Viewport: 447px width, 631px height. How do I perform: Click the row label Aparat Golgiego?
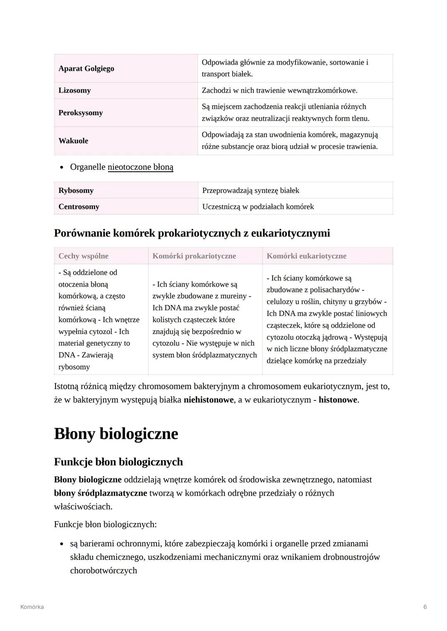(x=86, y=69)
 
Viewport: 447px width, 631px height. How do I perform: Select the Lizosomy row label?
(x=74, y=91)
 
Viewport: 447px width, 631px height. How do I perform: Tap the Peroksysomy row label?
(x=80, y=113)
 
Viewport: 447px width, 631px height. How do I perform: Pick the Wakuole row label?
(x=73, y=141)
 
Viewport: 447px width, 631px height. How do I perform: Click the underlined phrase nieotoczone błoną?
(x=140, y=167)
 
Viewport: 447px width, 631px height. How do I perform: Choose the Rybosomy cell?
(x=76, y=191)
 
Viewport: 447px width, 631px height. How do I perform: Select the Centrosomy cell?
(x=79, y=207)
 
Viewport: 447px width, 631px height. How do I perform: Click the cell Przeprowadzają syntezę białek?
(x=250, y=191)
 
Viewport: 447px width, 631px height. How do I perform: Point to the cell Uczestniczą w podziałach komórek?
(x=258, y=207)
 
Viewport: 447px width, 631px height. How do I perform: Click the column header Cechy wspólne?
(x=83, y=256)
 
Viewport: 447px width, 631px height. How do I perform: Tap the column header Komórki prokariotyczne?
(x=194, y=256)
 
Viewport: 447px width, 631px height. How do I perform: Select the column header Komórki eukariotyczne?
(x=306, y=256)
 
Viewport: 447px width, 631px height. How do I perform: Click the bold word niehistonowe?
(x=209, y=400)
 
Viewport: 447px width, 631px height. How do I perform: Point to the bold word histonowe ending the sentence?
(x=337, y=400)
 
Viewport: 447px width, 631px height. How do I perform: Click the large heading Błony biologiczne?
(x=116, y=434)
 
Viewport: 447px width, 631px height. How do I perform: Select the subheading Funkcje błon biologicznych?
(x=118, y=462)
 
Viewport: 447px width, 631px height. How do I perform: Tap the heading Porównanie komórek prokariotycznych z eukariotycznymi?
(x=192, y=233)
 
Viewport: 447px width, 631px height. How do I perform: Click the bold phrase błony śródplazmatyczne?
(x=101, y=493)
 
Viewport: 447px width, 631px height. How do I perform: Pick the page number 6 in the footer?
(x=425, y=607)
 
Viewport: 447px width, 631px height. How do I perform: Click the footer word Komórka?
(x=32, y=607)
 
